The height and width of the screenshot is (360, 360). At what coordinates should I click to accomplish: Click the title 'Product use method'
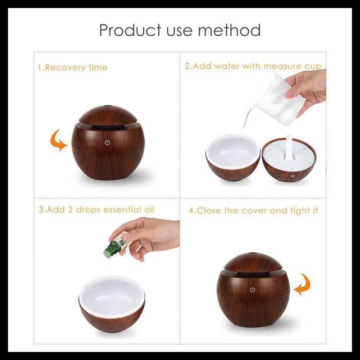coord(180,30)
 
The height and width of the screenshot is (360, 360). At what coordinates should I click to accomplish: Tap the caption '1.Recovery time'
coord(73,67)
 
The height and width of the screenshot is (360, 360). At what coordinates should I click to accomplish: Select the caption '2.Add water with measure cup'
coord(253,66)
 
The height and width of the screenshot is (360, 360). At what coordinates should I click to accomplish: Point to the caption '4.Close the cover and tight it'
coord(253,211)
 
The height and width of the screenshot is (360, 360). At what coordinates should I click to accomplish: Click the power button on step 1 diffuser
coord(107,143)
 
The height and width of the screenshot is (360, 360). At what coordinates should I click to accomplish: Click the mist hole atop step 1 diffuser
coord(107,107)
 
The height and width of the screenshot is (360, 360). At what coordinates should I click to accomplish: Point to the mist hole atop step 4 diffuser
coord(253,255)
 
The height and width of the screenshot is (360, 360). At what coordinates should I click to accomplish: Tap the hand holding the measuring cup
coord(307,85)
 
